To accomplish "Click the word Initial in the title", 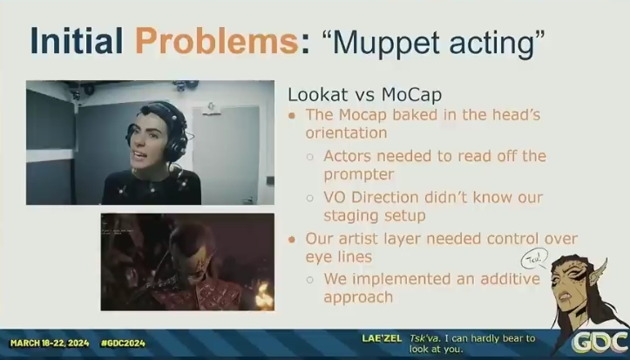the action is [x=77, y=41].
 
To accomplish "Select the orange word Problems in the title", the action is [x=217, y=41].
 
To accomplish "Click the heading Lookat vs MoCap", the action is [x=365, y=95].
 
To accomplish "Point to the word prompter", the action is [x=359, y=175].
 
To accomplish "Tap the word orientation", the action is [x=346, y=133].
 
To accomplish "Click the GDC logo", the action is [x=600, y=343].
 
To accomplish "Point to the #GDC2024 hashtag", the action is [x=124, y=343].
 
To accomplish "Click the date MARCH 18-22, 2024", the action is [x=50, y=343].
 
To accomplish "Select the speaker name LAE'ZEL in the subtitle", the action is [x=382, y=338].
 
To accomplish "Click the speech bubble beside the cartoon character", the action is [x=534, y=259].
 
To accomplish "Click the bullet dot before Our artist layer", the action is [x=292, y=240].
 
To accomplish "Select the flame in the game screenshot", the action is [x=264, y=295].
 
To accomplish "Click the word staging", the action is [x=348, y=216].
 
